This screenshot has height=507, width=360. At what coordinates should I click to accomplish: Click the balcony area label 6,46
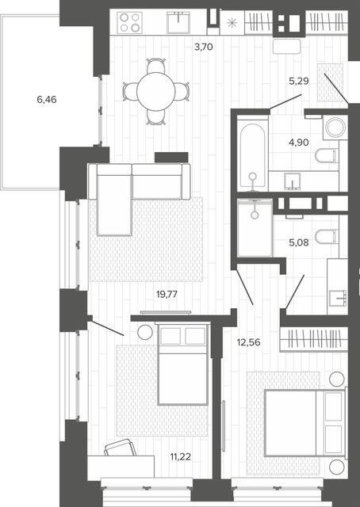pyautogui.click(x=47, y=100)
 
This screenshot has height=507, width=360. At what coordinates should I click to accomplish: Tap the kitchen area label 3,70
pyautogui.click(x=203, y=48)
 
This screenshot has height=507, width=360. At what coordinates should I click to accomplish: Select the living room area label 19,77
pyautogui.click(x=167, y=294)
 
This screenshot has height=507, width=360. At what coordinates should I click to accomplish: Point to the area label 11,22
pyautogui.click(x=180, y=457)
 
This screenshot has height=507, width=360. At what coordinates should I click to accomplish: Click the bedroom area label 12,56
pyautogui.click(x=249, y=342)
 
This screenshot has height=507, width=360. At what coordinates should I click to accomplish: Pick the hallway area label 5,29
pyautogui.click(x=299, y=81)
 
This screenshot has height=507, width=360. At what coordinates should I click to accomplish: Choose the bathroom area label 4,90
pyautogui.click(x=299, y=143)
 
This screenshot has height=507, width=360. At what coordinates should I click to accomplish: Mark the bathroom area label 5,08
pyautogui.click(x=299, y=242)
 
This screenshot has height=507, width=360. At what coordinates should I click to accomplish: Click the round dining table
pyautogui.click(x=156, y=92)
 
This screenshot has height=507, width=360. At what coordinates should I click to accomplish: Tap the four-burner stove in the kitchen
pyautogui.click(x=129, y=23)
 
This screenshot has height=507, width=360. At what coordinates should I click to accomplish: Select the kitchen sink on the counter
pyautogui.click(x=178, y=23)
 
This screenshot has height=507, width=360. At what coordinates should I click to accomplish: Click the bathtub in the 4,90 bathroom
pyautogui.click(x=252, y=154)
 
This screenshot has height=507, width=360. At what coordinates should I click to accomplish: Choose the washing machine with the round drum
pyautogui.click(x=335, y=127)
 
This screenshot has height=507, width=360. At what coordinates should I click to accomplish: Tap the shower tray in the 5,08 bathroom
pyautogui.click(x=255, y=228)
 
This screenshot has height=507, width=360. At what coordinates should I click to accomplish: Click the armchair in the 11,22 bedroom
pyautogui.click(x=121, y=448)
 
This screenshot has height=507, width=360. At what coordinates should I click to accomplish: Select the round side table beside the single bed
pyautogui.click(x=144, y=332)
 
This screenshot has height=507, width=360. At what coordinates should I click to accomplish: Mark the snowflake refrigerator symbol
pyautogui.click(x=232, y=23)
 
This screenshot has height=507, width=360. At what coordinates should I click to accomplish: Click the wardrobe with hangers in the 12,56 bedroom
pyautogui.click(x=314, y=339)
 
